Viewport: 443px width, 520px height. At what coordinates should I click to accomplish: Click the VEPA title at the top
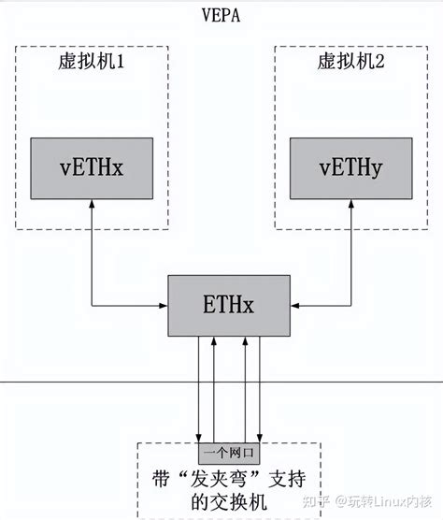point(221,14)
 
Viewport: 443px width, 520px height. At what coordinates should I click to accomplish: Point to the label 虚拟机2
point(349,65)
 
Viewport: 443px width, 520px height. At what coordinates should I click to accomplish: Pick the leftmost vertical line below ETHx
point(200,388)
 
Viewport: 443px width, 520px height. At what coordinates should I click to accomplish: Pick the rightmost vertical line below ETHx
point(259,388)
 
